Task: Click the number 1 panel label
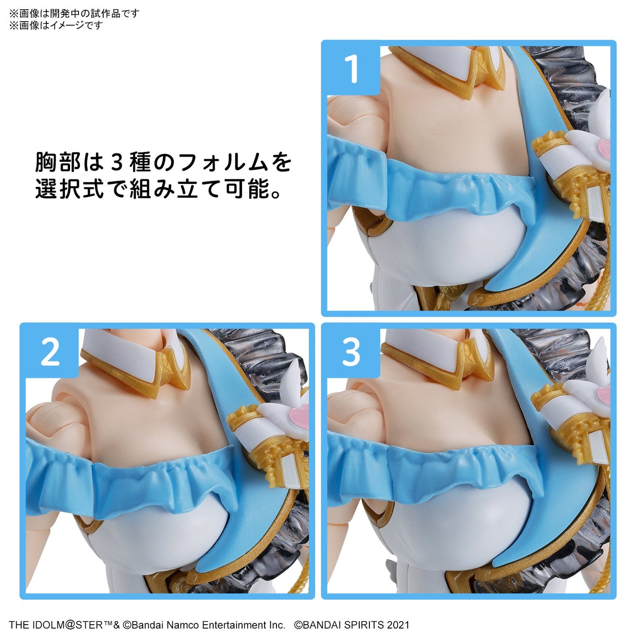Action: (x=352, y=69)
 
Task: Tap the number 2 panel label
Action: (x=50, y=352)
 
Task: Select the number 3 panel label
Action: (x=351, y=352)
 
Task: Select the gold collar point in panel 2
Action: (x=174, y=368)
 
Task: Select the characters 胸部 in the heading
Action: (x=58, y=162)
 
